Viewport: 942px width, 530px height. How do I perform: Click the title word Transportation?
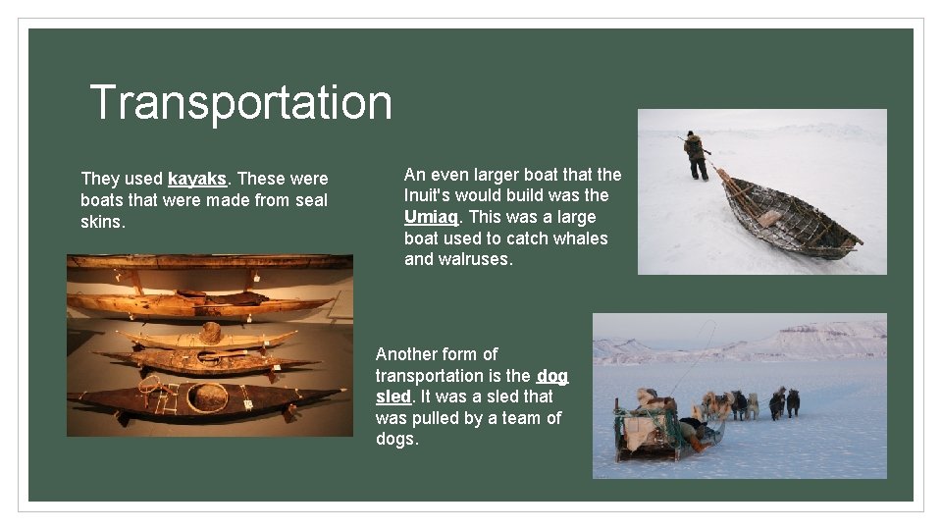coord(240,102)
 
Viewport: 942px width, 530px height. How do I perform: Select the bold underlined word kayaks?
coord(197,179)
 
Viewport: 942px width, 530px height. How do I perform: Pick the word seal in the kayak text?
coord(308,200)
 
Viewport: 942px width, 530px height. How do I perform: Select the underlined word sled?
coord(394,397)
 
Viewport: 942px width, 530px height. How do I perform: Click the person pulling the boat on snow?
coord(696,155)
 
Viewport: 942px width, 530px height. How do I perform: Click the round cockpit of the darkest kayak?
coord(207,397)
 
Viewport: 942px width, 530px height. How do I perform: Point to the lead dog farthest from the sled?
coord(792,400)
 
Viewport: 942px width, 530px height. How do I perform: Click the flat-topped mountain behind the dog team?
coord(824,339)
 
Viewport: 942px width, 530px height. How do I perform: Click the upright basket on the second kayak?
coord(210,334)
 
